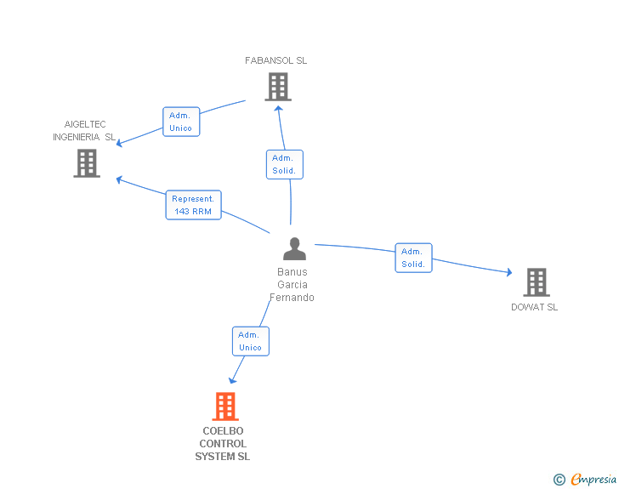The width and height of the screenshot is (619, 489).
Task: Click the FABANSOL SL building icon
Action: pyautogui.click(x=277, y=87)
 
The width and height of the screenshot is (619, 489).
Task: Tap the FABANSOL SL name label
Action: pyautogui.click(x=275, y=61)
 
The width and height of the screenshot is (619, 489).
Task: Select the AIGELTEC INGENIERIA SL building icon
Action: pyautogui.click(x=87, y=163)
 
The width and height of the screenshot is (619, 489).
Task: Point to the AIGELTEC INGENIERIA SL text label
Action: pyautogui.click(x=84, y=130)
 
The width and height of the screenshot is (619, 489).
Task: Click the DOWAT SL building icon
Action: pyautogui.click(x=536, y=281)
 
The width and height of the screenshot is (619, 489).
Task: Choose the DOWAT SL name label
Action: pyautogui.click(x=534, y=307)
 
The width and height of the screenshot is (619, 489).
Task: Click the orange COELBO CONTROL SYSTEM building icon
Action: pyautogui.click(x=224, y=407)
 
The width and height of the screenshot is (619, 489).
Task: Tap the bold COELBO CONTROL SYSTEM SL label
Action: pyautogui.click(x=223, y=444)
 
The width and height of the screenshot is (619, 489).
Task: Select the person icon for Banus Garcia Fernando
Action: pyautogui.click(x=294, y=249)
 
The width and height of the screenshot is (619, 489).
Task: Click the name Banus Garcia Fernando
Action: pyautogui.click(x=292, y=285)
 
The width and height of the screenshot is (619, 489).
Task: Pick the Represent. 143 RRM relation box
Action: pyautogui.click(x=193, y=205)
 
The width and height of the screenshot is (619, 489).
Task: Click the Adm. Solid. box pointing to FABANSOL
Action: pyautogui.click(x=284, y=164)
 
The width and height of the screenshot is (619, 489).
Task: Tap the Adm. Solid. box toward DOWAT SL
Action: pyautogui.click(x=413, y=258)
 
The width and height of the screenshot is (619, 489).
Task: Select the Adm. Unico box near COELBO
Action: pyautogui.click(x=250, y=341)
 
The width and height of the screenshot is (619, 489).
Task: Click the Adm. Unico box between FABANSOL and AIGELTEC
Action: pyautogui.click(x=181, y=122)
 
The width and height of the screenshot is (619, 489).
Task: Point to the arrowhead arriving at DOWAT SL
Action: pyautogui.click(x=508, y=272)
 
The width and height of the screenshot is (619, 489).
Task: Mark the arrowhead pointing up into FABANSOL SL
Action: pyautogui.click(x=278, y=108)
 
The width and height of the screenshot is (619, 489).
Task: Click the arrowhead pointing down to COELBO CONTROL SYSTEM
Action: pyautogui.click(x=232, y=380)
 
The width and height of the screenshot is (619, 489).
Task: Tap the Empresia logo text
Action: pyautogui.click(x=593, y=480)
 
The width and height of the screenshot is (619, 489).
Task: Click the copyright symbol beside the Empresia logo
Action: pyautogui.click(x=559, y=480)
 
